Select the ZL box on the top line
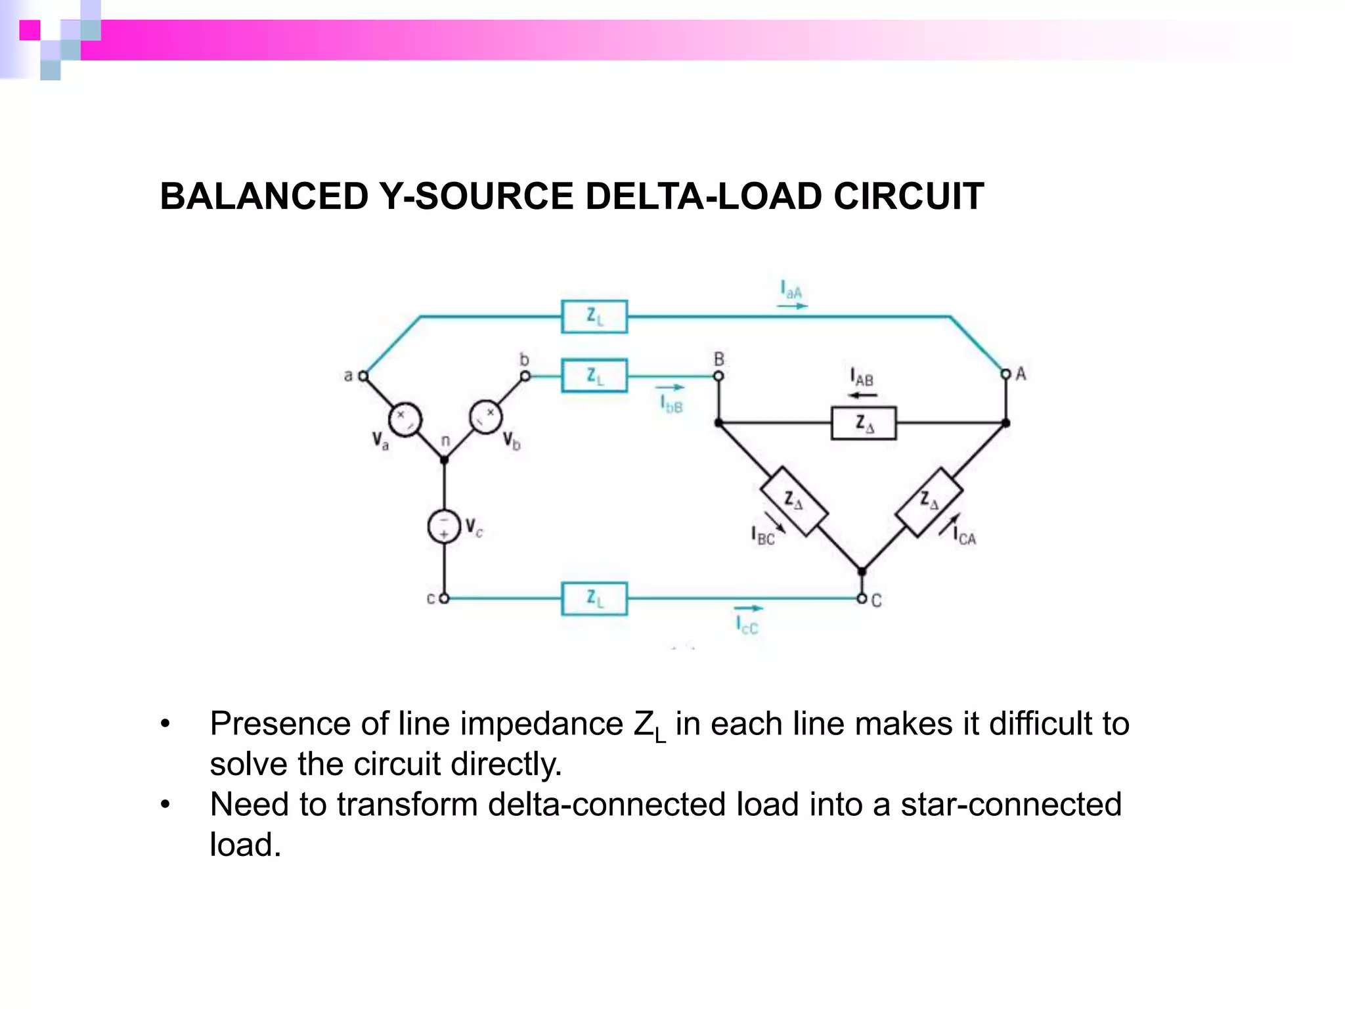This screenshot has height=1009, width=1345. pyautogui.click(x=594, y=317)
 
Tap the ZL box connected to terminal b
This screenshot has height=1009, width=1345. pyautogui.click(x=594, y=376)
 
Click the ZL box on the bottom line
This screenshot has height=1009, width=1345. pyautogui.click(x=594, y=598)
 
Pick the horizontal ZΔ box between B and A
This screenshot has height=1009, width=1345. pyautogui.click(x=863, y=424)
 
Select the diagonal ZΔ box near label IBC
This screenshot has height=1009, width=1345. pyautogui.click(x=793, y=502)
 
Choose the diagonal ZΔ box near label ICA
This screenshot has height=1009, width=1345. pyautogui.click(x=929, y=502)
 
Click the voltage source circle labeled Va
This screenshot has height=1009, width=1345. pyautogui.click(x=405, y=419)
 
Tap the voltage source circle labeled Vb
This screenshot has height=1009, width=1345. pyautogui.click(x=485, y=416)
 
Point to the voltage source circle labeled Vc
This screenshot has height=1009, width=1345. pyautogui.click(x=444, y=526)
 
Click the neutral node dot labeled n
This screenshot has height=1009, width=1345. pyautogui.click(x=444, y=460)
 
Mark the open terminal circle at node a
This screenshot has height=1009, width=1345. pyautogui.click(x=363, y=376)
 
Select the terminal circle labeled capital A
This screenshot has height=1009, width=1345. pyautogui.click(x=1005, y=374)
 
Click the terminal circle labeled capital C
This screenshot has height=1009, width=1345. pyautogui.click(x=862, y=598)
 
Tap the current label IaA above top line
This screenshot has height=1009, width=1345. pyautogui.click(x=791, y=290)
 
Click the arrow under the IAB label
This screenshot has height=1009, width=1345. pyautogui.click(x=862, y=395)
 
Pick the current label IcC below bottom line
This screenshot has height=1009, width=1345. pyautogui.click(x=747, y=625)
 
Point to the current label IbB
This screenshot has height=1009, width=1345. pyautogui.click(x=671, y=403)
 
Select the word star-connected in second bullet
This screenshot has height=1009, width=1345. pyautogui.click(x=1011, y=805)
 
